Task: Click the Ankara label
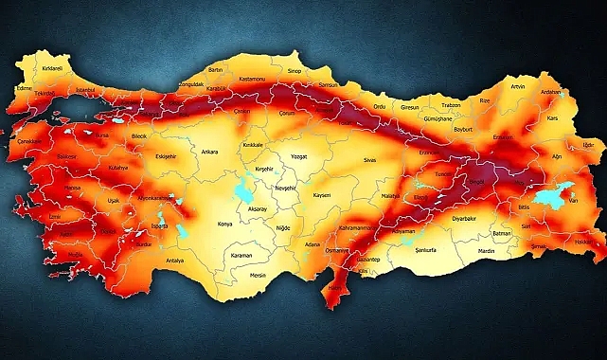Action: click(209, 151)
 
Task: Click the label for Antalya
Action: click(174, 261)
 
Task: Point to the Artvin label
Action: click(517, 86)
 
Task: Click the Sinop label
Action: click(295, 70)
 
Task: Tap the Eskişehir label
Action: click(166, 157)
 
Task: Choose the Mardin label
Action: click(485, 253)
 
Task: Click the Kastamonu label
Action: click(251, 80)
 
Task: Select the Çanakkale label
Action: click(29, 141)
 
